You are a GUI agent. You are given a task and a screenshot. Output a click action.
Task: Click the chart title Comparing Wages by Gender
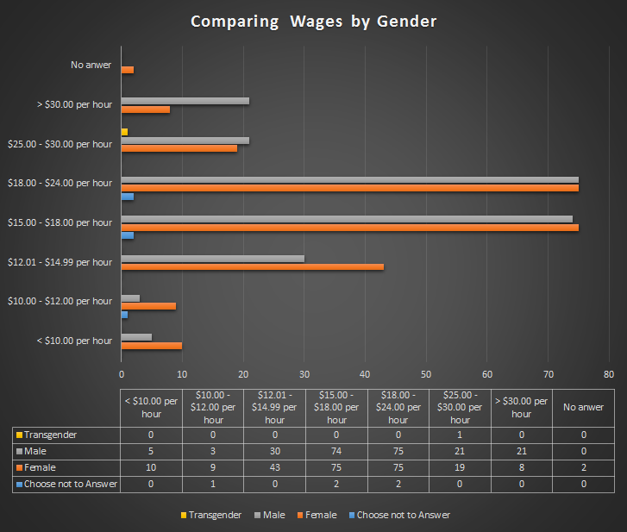[313, 21]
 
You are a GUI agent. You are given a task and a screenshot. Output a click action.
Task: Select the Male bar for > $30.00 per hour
[185, 101]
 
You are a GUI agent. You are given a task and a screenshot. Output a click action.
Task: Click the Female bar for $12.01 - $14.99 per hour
[253, 266]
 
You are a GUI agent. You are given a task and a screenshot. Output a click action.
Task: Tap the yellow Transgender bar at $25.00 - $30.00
[125, 132]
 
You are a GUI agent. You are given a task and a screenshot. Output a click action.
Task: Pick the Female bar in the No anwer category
[128, 69]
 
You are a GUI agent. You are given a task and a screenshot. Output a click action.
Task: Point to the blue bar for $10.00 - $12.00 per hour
[125, 314]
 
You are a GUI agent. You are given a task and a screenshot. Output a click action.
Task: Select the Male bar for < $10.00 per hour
[136, 337]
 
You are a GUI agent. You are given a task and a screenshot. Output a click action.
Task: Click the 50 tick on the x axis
[426, 374]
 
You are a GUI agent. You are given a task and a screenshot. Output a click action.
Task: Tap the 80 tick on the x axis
[609, 374]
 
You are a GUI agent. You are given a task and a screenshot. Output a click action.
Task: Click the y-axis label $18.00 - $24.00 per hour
[60, 183]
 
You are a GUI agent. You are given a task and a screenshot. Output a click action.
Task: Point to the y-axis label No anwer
[91, 64]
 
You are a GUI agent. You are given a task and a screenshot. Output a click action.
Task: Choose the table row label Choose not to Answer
[71, 484]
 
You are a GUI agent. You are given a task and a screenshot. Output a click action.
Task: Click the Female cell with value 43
[275, 467]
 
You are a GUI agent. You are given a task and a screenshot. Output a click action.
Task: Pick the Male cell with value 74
[336, 451]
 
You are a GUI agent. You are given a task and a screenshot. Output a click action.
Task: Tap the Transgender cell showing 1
[460, 435]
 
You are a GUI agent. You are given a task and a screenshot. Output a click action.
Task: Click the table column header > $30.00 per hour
[521, 407]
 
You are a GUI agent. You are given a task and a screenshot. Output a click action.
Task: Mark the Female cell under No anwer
[583, 467]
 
